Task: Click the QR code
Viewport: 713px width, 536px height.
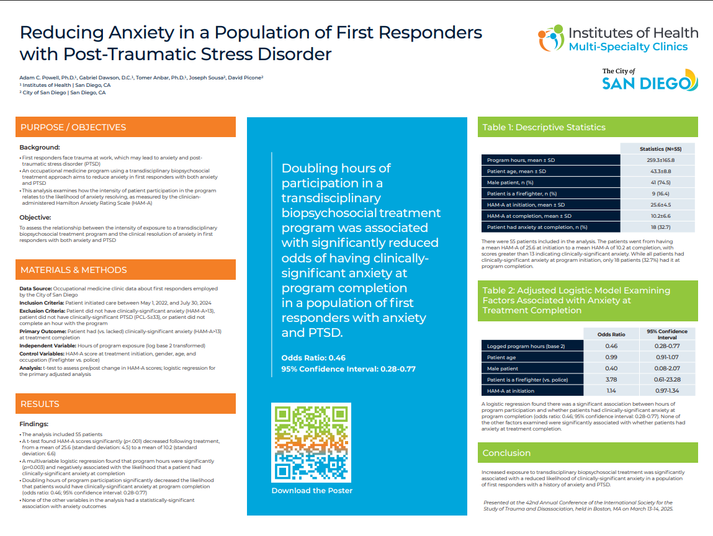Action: click(x=311, y=442)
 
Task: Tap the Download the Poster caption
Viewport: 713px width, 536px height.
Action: click(x=312, y=491)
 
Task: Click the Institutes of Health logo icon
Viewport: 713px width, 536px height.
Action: click(x=550, y=38)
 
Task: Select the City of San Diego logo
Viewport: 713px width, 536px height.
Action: click(x=650, y=79)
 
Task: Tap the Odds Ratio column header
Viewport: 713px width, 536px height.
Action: click(x=611, y=334)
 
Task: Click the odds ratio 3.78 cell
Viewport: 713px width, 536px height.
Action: click(x=611, y=380)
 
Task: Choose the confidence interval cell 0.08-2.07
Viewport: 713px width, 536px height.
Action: click(x=667, y=368)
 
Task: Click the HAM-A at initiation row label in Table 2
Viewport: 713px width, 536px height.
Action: click(x=511, y=391)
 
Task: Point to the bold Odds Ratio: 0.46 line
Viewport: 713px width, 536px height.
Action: click(x=313, y=358)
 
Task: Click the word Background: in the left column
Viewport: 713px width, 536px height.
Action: click(x=40, y=147)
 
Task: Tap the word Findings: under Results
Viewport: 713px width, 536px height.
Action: click(x=34, y=424)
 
